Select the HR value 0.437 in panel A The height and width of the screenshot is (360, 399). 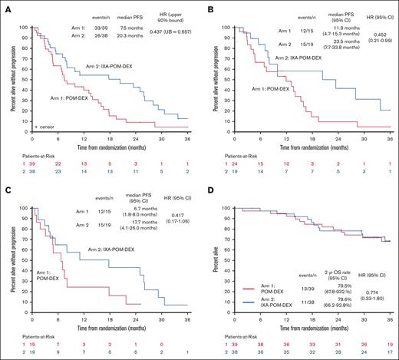(x=159, y=31)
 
